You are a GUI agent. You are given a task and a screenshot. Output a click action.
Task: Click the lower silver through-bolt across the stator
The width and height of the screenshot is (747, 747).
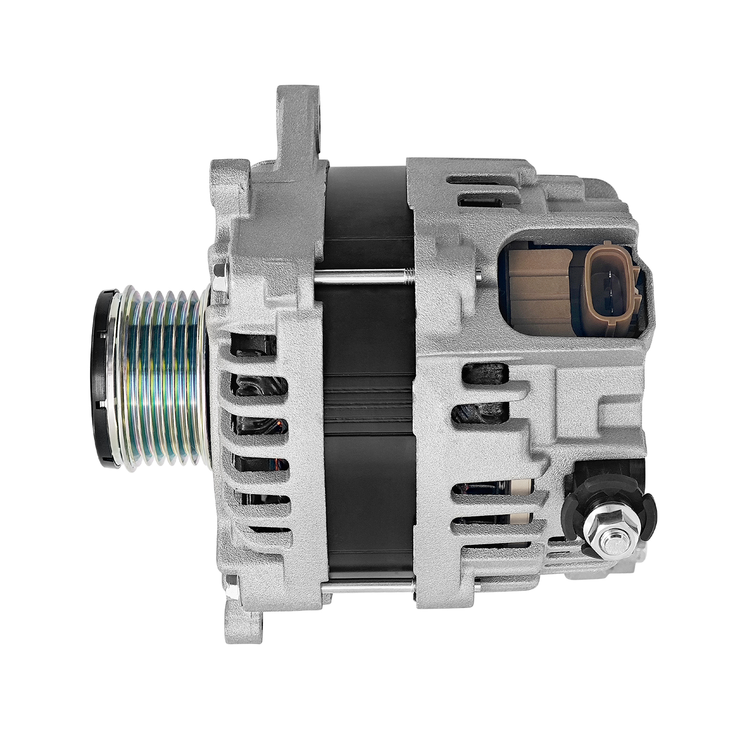pos(369,591)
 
